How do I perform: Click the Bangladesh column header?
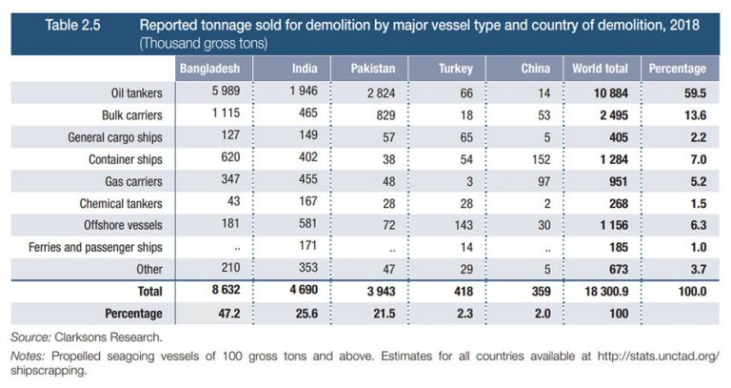coord(214,70)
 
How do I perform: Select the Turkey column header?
coord(448,70)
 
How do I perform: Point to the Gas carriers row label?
coord(136,181)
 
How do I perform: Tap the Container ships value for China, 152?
coord(536,159)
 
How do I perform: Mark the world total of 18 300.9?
coord(600,291)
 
